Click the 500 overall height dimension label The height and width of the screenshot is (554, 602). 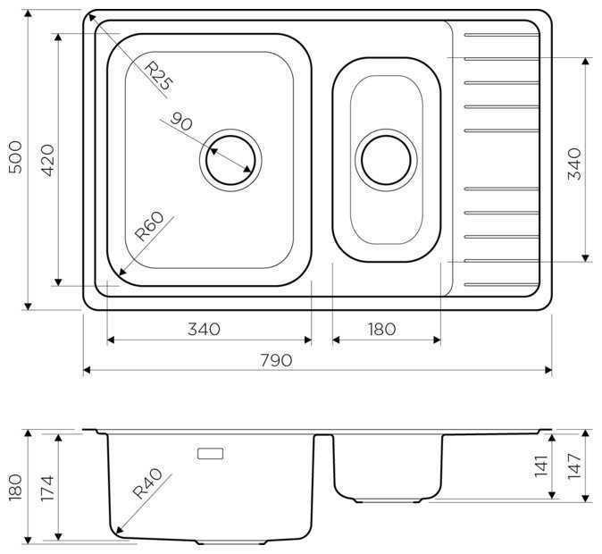[x=15, y=157]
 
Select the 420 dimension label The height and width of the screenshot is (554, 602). [x=48, y=160]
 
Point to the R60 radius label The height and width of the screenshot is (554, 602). [x=149, y=226]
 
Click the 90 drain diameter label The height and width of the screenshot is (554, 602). [x=180, y=121]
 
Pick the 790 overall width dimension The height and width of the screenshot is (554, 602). [x=276, y=360]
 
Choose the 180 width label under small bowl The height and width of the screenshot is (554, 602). [x=381, y=329]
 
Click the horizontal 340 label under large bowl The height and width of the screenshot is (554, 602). [x=204, y=329]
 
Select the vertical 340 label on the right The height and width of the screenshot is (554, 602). [x=574, y=164]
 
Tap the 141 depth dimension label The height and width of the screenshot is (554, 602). [x=541, y=466]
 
